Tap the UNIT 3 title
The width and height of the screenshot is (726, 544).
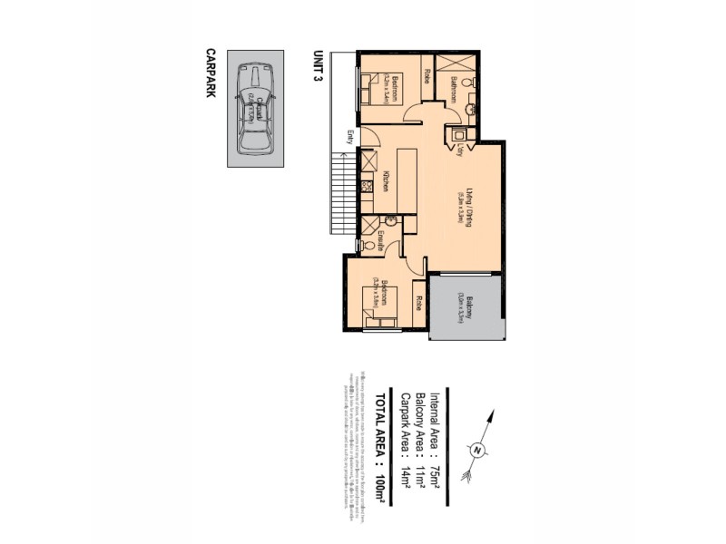tap(318, 66)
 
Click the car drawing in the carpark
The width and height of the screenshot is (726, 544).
tap(254, 109)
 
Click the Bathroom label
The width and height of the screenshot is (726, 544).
tap(454, 92)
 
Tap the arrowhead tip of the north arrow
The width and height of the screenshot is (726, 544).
tap(493, 413)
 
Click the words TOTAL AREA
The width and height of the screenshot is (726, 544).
tap(382, 427)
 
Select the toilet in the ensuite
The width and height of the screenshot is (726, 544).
tap(364, 244)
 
